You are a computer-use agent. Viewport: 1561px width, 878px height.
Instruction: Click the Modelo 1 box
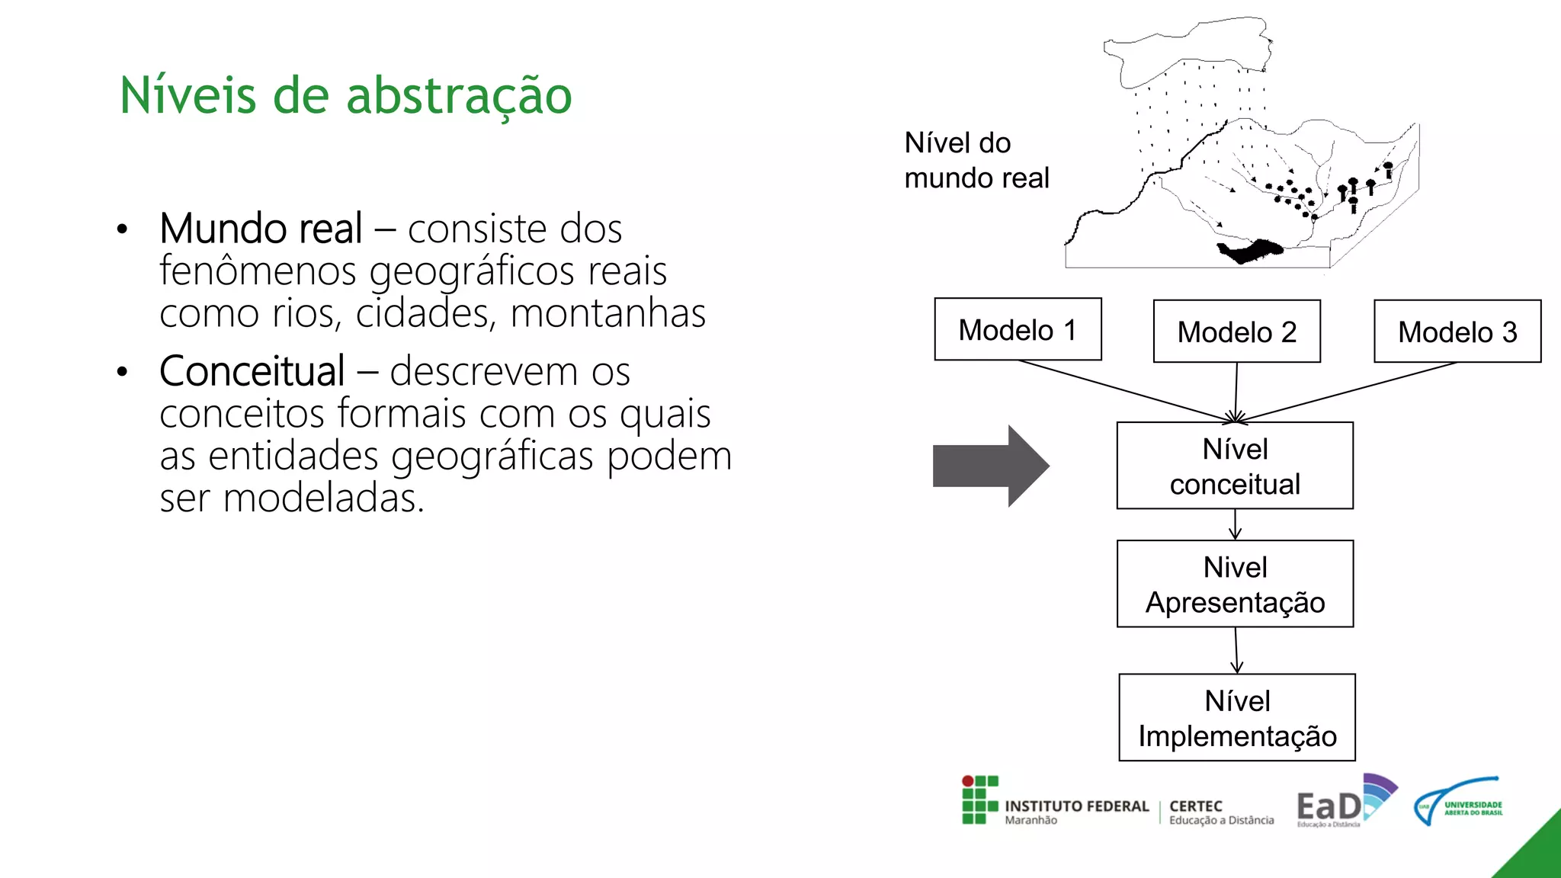1018,329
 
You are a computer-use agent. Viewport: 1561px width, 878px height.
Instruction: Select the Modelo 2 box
1236,332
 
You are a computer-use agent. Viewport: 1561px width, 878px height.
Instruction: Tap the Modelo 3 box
1457,332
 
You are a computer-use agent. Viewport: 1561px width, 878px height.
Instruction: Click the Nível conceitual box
1235,466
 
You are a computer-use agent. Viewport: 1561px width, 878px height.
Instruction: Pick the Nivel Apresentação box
1235,584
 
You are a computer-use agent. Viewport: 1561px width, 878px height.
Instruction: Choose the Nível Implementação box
1236,717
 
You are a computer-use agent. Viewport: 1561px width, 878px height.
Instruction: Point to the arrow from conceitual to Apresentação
1235,524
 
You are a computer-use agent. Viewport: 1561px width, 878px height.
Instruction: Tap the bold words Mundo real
261,229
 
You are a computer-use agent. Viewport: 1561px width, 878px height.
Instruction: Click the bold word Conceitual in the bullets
252,371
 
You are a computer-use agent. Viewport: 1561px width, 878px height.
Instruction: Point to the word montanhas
607,313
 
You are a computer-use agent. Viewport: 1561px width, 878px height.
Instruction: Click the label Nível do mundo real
976,160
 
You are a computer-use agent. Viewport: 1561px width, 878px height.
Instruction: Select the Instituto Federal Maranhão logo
1055,801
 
